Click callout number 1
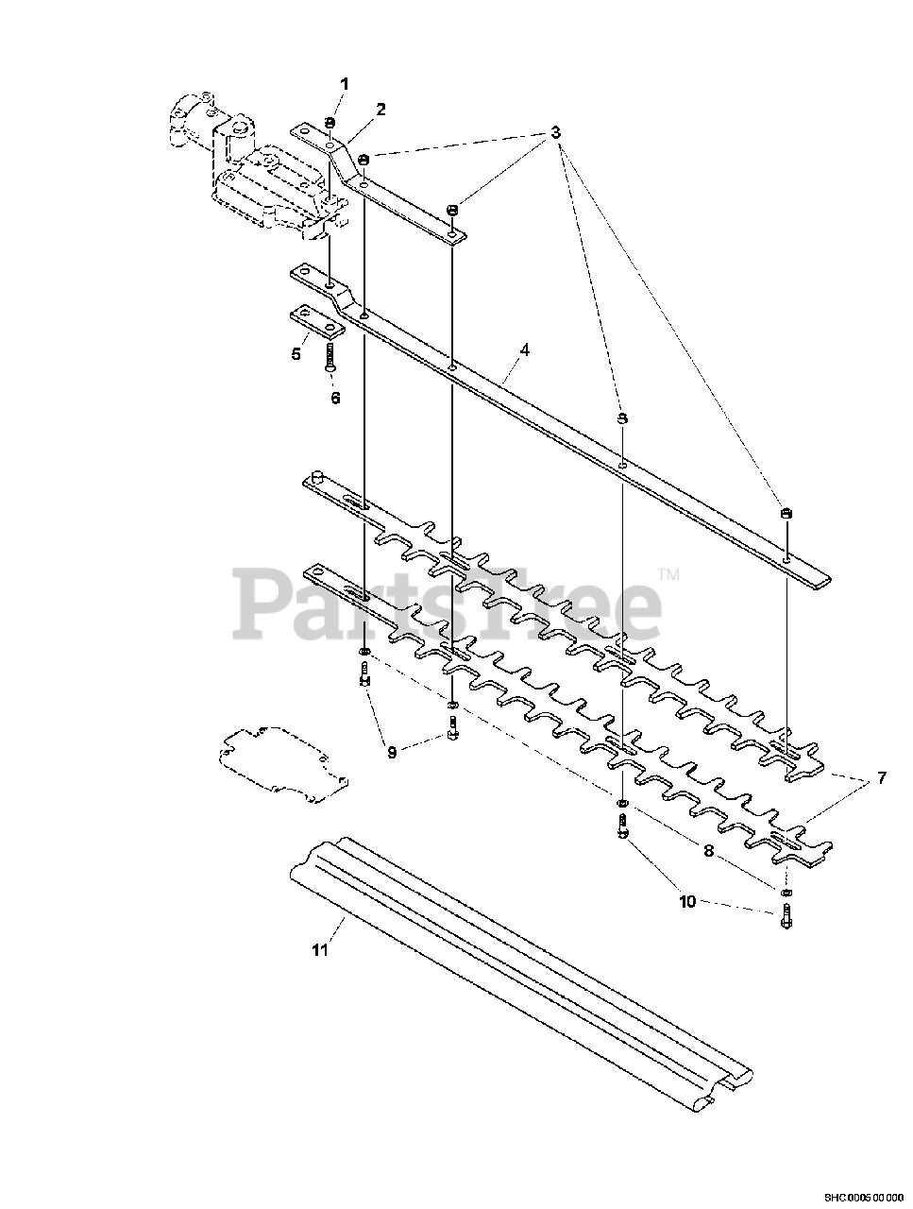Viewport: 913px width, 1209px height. coord(345,84)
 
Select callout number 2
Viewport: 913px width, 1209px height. coord(380,109)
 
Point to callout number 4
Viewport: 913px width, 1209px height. coord(524,349)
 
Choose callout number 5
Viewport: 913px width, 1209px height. coord(296,354)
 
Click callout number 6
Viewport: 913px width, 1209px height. coord(335,398)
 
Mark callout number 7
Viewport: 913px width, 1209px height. coord(881,778)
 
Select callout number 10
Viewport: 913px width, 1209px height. coord(686,901)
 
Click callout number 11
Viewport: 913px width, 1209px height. coord(320,949)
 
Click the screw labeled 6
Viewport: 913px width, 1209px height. coord(330,358)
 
